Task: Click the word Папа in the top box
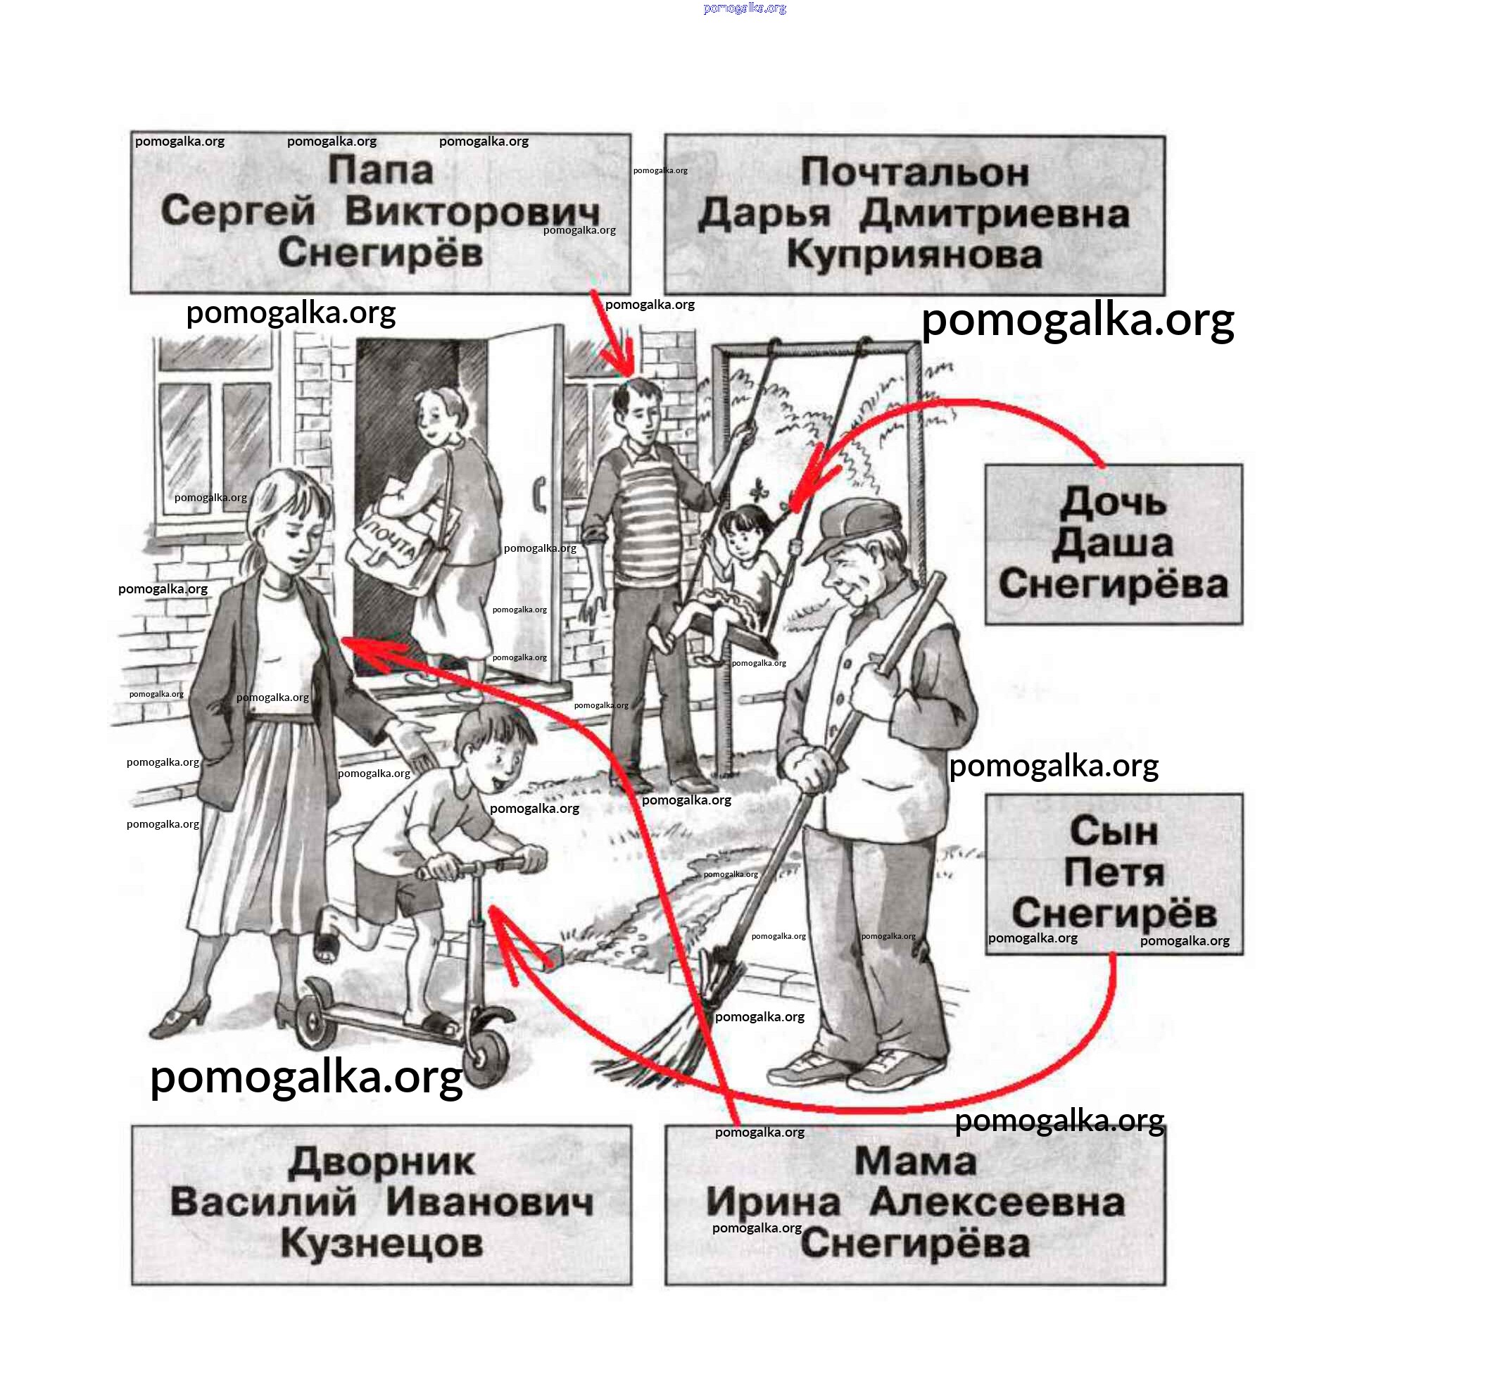[380, 170]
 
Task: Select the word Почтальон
[914, 172]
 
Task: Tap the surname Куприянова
[914, 255]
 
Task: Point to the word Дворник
[381, 1162]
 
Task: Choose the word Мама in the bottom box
[914, 1161]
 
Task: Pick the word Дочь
[1112, 501]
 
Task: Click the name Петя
[1113, 872]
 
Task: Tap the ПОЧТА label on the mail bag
[390, 543]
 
